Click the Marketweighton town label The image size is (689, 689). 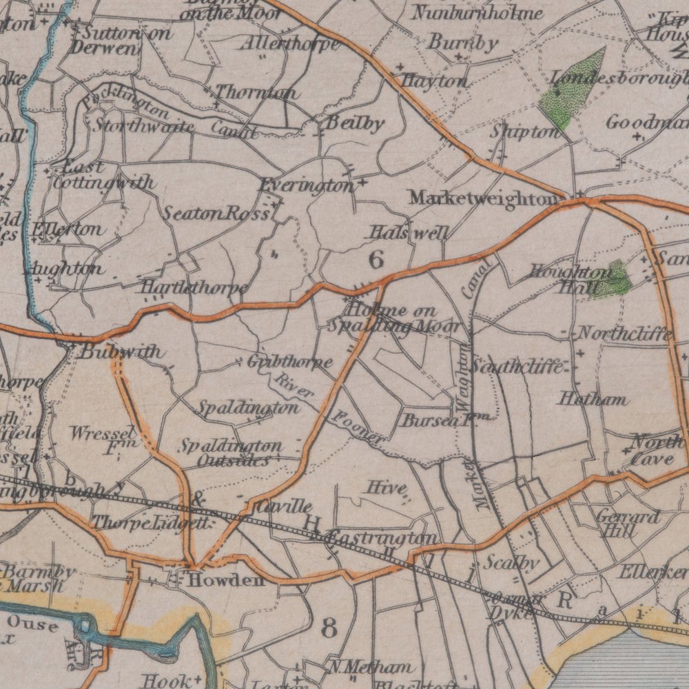pyautogui.click(x=482, y=198)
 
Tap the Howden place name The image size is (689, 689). pyautogui.click(x=225, y=580)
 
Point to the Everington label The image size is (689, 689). pyautogui.click(x=307, y=186)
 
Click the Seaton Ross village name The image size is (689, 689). pyautogui.click(x=216, y=214)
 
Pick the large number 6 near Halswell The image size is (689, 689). pyautogui.click(x=376, y=260)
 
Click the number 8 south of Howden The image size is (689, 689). pyautogui.click(x=329, y=628)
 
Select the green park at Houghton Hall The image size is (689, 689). pyautogui.click(x=615, y=279)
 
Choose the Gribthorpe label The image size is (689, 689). pyautogui.click(x=290, y=362)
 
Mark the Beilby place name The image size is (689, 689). pyautogui.click(x=355, y=124)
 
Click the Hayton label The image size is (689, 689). pyautogui.click(x=434, y=81)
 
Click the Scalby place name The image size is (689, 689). pyautogui.click(x=511, y=563)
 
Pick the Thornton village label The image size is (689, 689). pyautogui.click(x=256, y=92)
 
